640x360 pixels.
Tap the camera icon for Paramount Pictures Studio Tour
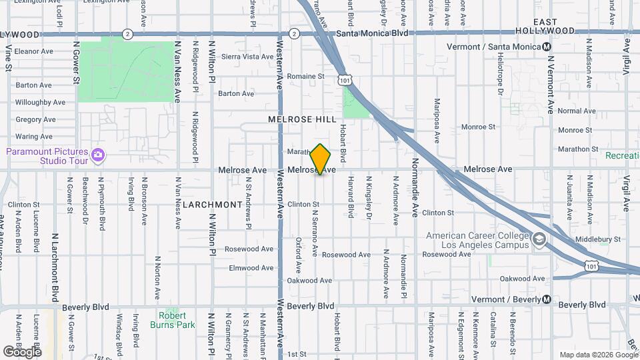pyautogui.click(x=98, y=155)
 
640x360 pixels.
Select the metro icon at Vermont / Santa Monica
pyautogui.click(x=546, y=47)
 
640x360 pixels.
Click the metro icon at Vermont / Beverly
pyautogui.click(x=546, y=299)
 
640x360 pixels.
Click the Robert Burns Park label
pyautogui.click(x=177, y=320)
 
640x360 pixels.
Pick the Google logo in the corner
pyautogui.click(x=22, y=351)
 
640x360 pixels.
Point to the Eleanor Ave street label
pyautogui.click(x=33, y=51)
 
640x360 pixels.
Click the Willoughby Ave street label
pyautogui.click(x=40, y=102)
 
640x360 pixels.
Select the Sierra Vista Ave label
pyautogui.click(x=248, y=57)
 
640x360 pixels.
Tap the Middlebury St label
pyautogui.click(x=598, y=239)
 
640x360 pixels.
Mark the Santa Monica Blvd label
pyautogui.click(x=372, y=33)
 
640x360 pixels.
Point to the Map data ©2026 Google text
pyautogui.click(x=598, y=355)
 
